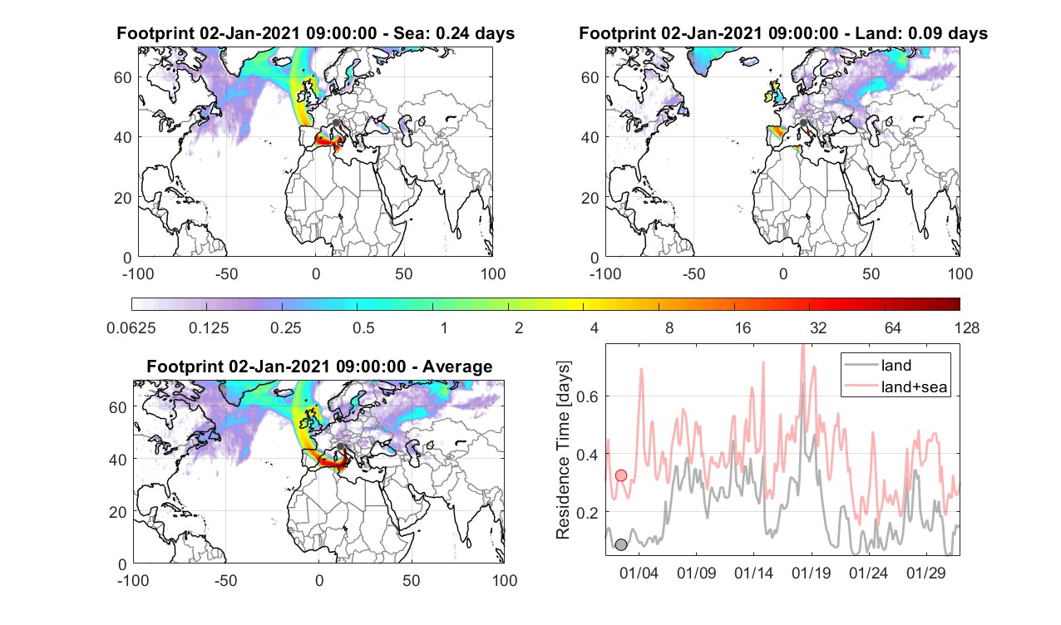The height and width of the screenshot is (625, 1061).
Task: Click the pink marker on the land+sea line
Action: point(620,475)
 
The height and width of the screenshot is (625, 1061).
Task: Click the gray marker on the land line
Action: point(620,544)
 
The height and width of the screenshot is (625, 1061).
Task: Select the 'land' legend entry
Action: point(896,365)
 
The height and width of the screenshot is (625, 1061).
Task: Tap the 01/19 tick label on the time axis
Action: point(812,573)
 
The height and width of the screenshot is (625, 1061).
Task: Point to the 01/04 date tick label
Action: point(639,573)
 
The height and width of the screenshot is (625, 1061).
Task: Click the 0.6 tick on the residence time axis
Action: point(588,396)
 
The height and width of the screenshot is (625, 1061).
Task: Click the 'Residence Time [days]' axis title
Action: point(563,450)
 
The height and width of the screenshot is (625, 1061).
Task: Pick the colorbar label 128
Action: point(967,327)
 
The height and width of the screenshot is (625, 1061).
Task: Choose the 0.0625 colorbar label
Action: point(131,327)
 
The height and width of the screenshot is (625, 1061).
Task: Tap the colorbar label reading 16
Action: point(743,327)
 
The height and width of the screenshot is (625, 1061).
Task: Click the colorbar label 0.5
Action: point(363,327)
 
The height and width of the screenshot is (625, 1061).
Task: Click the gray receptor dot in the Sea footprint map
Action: point(336,123)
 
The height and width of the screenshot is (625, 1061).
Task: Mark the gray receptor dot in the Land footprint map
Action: point(803,123)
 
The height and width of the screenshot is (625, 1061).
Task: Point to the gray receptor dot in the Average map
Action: point(340,446)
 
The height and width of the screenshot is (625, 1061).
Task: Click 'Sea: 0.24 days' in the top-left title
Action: point(454,33)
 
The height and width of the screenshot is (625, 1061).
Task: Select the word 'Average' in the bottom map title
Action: point(457,367)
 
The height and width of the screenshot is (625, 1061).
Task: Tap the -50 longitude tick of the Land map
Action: point(694,273)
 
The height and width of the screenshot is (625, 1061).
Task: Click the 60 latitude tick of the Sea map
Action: point(122,77)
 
